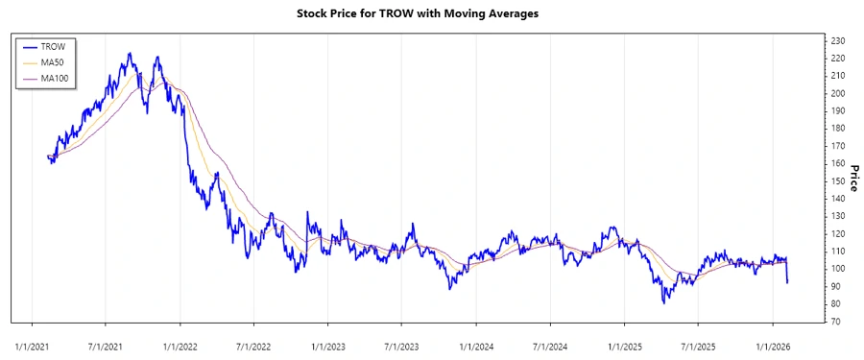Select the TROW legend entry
[54, 46]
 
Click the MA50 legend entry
[54, 62]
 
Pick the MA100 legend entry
[56, 79]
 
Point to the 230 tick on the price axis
[838, 40]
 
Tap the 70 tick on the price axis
[836, 322]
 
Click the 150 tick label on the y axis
[838, 181]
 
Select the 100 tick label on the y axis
[838, 269]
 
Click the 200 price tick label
[838, 93]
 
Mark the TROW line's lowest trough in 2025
[663, 302]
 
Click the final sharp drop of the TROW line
[787, 274]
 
